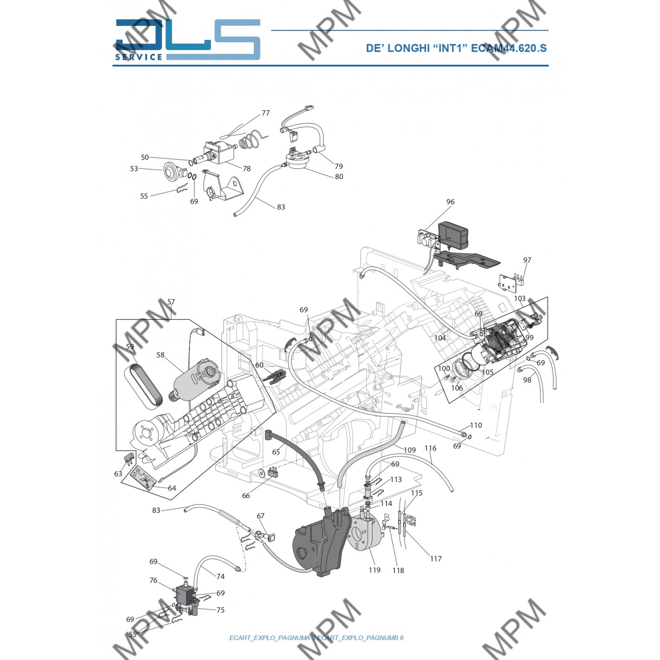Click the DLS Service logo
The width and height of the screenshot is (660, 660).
tap(188, 40)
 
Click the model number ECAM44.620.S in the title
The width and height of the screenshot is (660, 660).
tap(509, 48)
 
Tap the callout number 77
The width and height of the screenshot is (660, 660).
tap(265, 113)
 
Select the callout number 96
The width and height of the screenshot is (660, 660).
tap(450, 202)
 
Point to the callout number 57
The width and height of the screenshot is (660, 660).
tap(171, 302)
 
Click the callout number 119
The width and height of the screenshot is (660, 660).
tap(375, 570)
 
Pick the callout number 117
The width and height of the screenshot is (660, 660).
tap(436, 559)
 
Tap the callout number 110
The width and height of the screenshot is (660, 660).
tap(476, 425)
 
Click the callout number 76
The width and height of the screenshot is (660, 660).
tap(153, 580)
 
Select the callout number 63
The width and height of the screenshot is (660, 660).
tap(118, 474)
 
